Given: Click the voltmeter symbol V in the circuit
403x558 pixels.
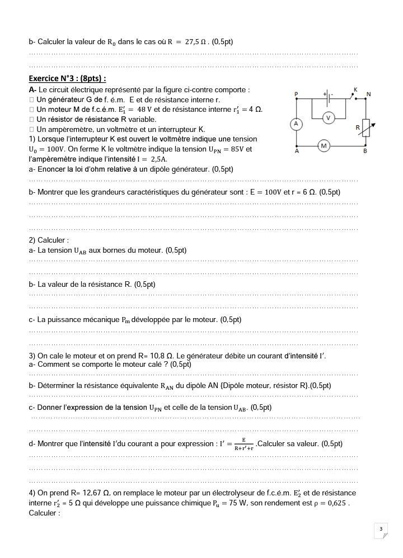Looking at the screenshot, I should click(329, 117).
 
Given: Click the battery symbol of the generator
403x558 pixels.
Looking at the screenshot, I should click(330, 96).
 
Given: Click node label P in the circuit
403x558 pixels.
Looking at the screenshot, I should click(296, 93).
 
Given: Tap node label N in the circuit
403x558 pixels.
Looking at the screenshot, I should click(368, 93).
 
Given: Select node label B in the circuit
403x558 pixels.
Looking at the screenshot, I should click(365, 151).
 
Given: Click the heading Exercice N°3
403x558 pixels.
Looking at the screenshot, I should click(67, 78).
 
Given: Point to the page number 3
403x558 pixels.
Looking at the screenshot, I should click(381, 529).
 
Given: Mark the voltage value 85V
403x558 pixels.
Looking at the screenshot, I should click(233, 149).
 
